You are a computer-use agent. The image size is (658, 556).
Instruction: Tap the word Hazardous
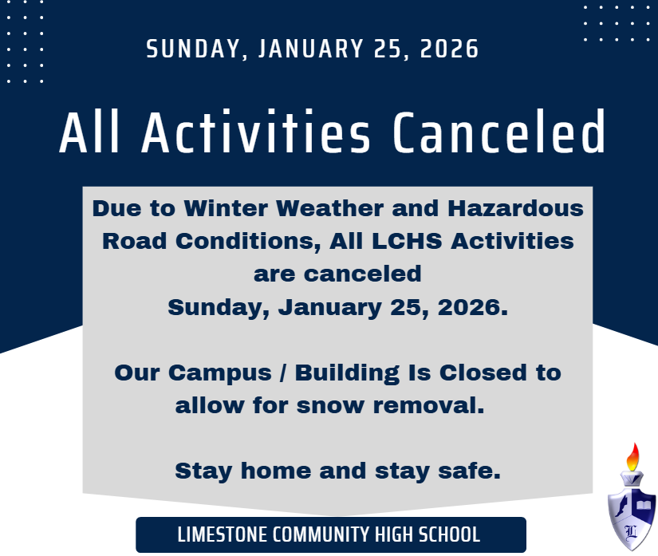516,208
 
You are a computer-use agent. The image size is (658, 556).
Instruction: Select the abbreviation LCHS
407,241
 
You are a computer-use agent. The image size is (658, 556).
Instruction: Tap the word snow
330,406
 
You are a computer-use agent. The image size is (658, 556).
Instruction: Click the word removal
428,405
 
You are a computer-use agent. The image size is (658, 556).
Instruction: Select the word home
276,471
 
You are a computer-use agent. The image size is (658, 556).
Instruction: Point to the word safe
469,471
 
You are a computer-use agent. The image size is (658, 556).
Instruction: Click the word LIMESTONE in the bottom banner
222,534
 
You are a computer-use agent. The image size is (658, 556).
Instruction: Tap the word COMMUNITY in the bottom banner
321,534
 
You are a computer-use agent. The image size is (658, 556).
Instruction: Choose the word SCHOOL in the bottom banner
450,534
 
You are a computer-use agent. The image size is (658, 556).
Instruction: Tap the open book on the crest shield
644,504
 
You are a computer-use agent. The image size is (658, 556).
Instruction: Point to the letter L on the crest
631,532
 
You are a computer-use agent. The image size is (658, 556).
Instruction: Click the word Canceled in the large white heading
499,132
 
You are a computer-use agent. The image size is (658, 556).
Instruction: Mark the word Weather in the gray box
330,208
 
